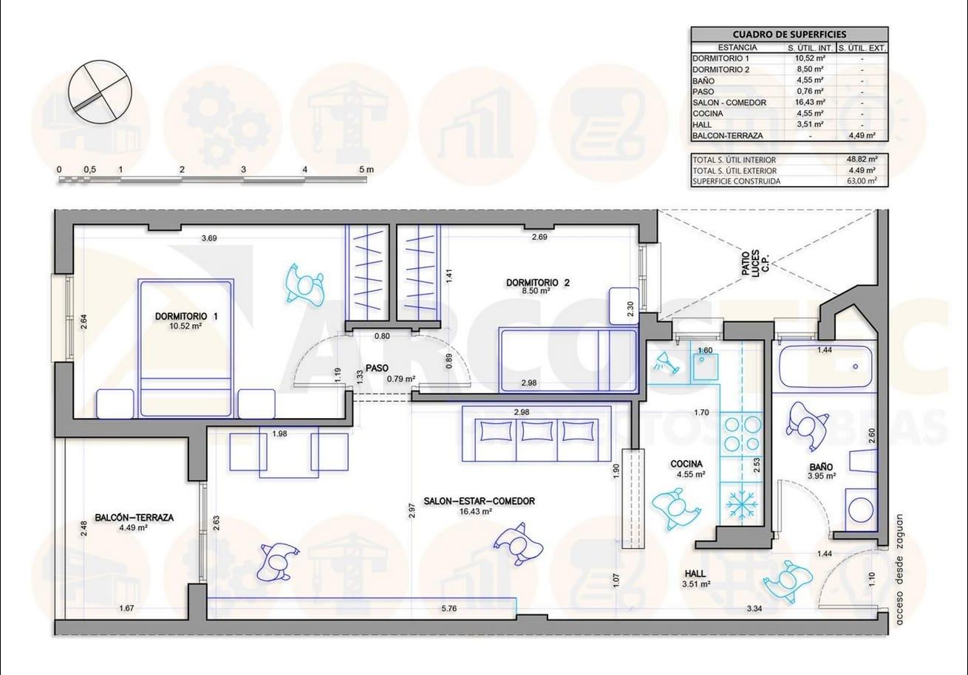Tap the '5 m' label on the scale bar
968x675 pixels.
pos(366,170)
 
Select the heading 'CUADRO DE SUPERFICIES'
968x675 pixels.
pos(789,35)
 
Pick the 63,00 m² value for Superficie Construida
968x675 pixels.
pos(862,181)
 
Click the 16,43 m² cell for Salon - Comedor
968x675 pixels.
pos(811,103)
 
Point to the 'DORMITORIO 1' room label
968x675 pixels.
pos(186,317)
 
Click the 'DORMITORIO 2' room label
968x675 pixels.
pos(538,283)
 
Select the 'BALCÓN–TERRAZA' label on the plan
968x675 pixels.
pos(134,518)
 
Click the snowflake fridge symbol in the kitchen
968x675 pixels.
pos(740,504)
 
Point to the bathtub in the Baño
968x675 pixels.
pos(825,366)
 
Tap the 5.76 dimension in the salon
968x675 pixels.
pos(449,609)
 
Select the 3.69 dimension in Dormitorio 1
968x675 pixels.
pos(209,238)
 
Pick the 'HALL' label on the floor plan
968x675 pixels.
pos(695,574)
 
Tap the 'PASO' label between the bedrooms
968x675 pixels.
pos(378,369)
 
